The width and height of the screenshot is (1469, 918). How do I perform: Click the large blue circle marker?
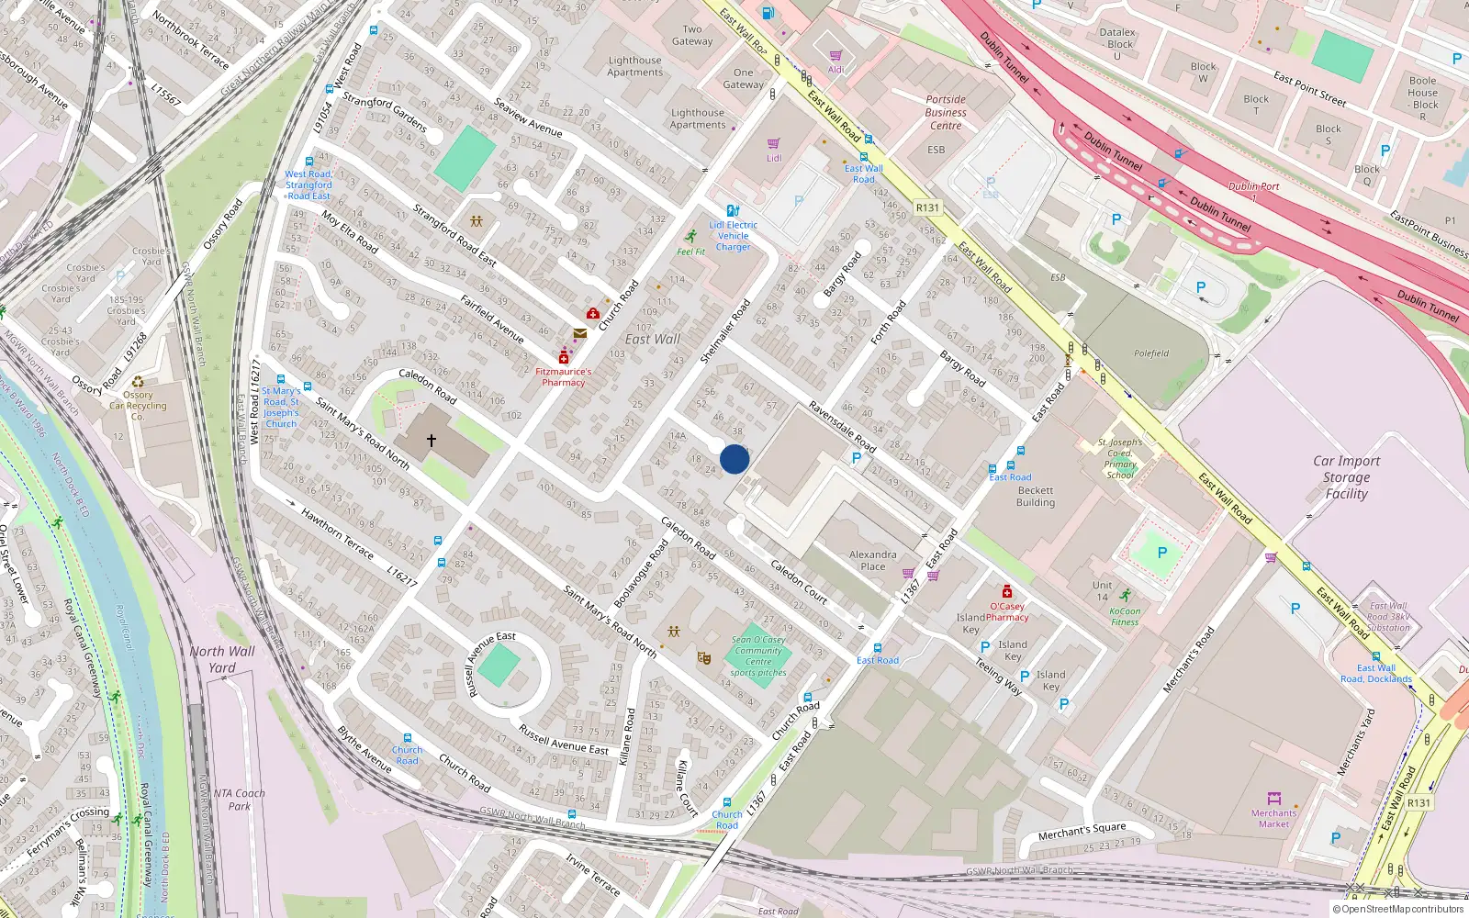[734, 459]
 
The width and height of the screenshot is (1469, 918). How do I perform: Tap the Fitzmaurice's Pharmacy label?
[563, 376]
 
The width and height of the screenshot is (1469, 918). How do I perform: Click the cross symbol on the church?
[431, 441]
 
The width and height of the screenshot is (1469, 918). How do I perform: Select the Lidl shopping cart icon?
[773, 143]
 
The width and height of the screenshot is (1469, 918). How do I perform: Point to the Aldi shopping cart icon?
[835, 56]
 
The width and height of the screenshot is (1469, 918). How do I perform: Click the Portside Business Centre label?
[946, 112]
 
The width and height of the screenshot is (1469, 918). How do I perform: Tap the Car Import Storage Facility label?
[1346, 477]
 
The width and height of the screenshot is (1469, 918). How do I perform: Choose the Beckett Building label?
[1036, 497]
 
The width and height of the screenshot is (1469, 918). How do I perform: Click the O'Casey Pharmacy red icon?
[1007, 591]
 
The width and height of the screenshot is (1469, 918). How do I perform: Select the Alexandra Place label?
[872, 560]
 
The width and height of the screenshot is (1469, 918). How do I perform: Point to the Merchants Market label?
[1273, 818]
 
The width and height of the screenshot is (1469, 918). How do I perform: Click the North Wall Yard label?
[222, 659]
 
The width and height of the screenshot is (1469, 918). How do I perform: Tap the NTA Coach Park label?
[239, 800]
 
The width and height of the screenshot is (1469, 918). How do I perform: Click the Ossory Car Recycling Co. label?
[138, 406]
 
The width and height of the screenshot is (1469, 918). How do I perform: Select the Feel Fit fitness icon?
[691, 237]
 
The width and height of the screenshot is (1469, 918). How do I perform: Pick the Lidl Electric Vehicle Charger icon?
[733, 210]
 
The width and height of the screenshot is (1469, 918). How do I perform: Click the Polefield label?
[1151, 353]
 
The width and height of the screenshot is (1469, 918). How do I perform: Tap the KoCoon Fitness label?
[1125, 616]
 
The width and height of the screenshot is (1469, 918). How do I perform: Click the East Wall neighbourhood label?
[653, 339]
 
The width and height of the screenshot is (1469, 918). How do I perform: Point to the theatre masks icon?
[704, 657]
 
